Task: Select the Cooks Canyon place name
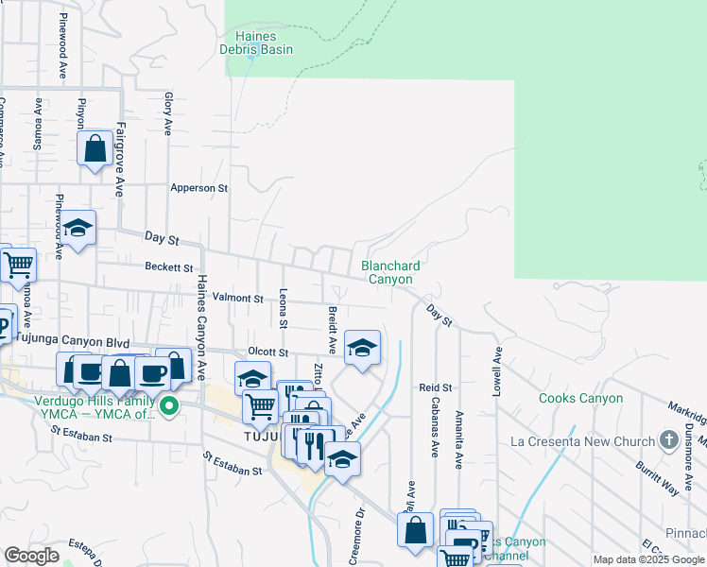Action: click(580, 398)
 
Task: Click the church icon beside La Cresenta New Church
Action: click(669, 441)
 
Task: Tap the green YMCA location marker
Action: click(170, 407)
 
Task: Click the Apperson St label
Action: click(199, 188)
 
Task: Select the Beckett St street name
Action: click(168, 267)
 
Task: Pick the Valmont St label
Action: click(237, 298)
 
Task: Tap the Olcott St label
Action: click(267, 351)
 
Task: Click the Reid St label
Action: click(436, 387)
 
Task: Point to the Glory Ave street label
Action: click(168, 113)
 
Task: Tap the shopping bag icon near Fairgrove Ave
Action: click(95, 148)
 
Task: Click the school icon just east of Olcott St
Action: click(362, 348)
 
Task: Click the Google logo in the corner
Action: click(31, 556)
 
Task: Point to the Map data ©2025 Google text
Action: click(648, 559)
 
